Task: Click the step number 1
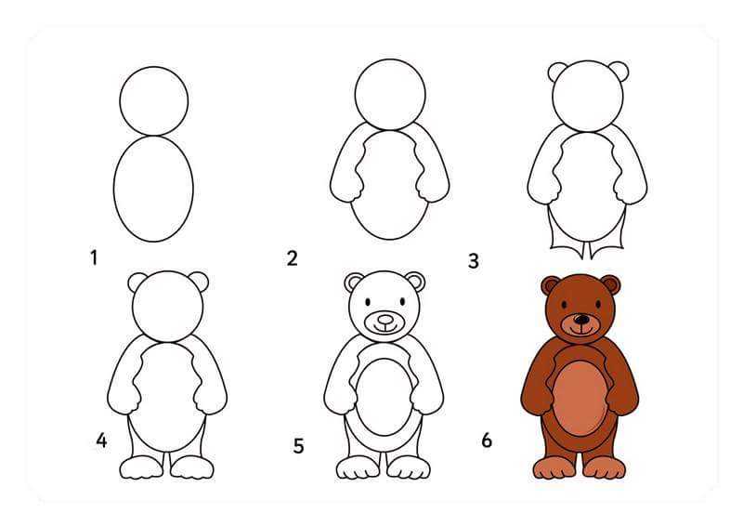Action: pyautogui.click(x=94, y=258)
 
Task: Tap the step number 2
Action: pyautogui.click(x=292, y=258)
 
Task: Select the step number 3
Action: pyautogui.click(x=474, y=261)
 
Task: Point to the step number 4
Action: pyautogui.click(x=101, y=441)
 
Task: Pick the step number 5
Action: pyautogui.click(x=298, y=446)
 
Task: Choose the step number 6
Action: pyautogui.click(x=487, y=441)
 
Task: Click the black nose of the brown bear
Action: pyautogui.click(x=580, y=320)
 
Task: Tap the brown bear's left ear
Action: pyautogui.click(x=551, y=285)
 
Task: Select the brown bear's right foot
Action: pyautogui.click(x=605, y=467)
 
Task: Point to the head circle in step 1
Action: pyautogui.click(x=154, y=101)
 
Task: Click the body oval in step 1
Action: pyautogui.click(x=153, y=189)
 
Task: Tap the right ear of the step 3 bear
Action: pyautogui.click(x=619, y=72)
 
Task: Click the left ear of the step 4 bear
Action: pyautogui.click(x=137, y=283)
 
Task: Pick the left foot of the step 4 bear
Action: pyautogui.click(x=140, y=467)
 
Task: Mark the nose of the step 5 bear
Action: pyautogui.click(x=385, y=319)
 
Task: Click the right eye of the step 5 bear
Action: pyautogui.click(x=402, y=302)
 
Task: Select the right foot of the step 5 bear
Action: pyautogui.click(x=409, y=467)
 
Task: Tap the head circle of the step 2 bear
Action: pyautogui.click(x=390, y=95)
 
